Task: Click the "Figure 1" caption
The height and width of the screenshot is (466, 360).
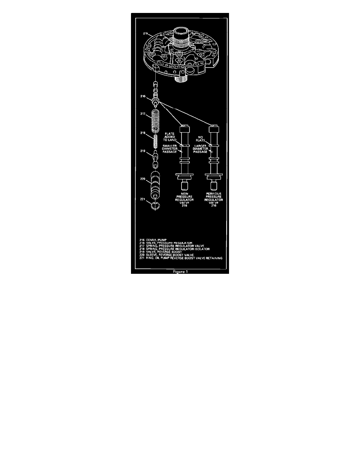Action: pyautogui.click(x=180, y=271)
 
